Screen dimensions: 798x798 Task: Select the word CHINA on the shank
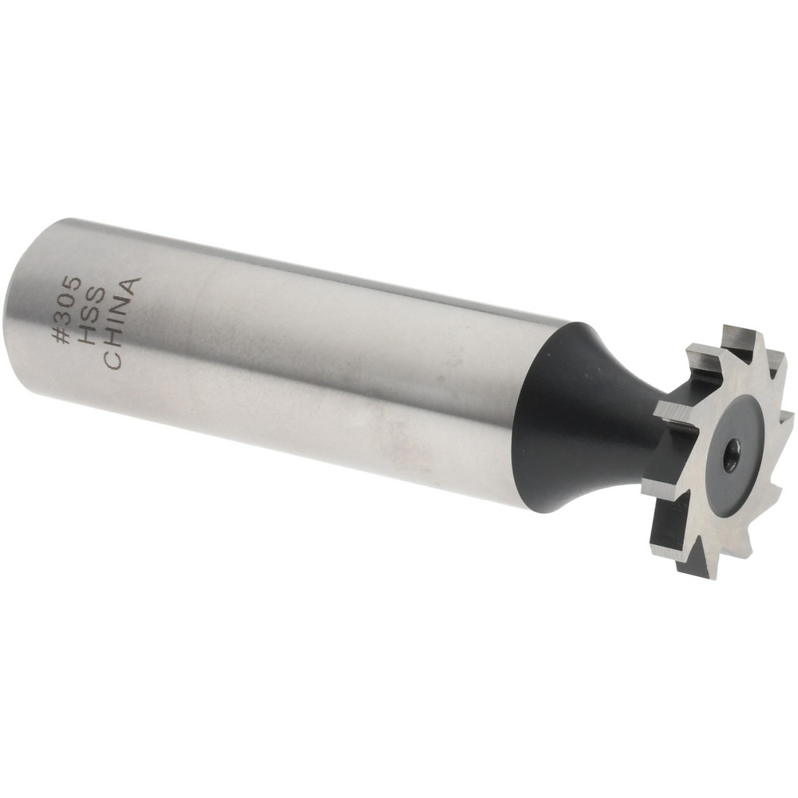coord(122,323)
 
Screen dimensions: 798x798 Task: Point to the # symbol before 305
coord(65,337)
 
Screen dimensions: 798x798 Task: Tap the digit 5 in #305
coord(72,284)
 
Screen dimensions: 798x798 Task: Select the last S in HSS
coord(97,298)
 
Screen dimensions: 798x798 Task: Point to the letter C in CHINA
coord(113,361)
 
